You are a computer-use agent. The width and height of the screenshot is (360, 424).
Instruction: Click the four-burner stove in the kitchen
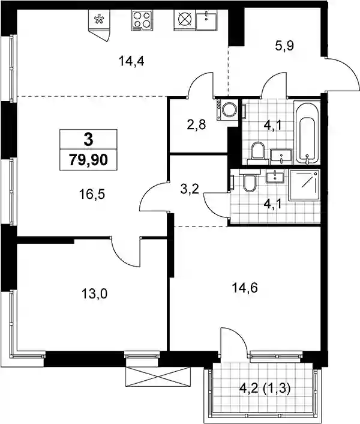point(141,20)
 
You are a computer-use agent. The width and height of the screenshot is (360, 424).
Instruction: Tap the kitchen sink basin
point(206,19)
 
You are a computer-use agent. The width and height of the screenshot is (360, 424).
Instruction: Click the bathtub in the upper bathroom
point(307,133)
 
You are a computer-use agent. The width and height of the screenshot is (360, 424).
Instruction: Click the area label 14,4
point(131,61)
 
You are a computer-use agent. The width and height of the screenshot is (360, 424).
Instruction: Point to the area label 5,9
point(284,46)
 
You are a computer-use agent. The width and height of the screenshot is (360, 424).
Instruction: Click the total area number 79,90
point(88,160)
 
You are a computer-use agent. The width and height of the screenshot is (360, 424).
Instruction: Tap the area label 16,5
point(92,194)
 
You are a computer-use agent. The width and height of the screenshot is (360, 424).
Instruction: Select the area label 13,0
point(95,294)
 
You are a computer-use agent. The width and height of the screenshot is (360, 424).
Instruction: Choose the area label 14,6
point(245,288)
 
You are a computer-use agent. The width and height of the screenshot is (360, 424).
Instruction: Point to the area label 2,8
point(197,125)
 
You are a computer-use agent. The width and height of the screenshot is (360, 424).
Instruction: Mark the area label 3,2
point(190,189)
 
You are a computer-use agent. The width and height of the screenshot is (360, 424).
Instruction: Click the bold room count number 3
point(88,139)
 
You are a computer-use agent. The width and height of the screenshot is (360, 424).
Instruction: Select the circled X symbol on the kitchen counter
point(184,19)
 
